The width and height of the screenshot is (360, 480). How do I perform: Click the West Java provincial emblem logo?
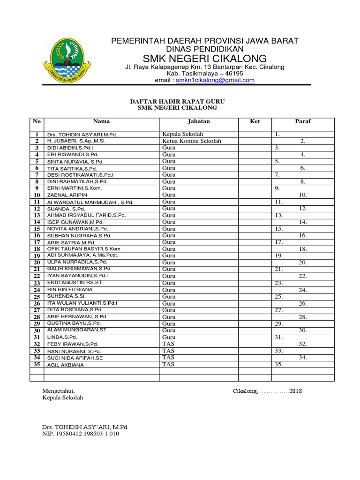65,60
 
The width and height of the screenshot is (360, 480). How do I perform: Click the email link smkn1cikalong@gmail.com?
215,80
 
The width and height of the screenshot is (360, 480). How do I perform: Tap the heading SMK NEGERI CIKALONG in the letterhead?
205,58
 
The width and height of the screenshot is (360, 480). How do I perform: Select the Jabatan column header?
198,121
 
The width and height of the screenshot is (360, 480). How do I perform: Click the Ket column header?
255,121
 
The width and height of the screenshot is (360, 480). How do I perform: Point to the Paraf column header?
302,121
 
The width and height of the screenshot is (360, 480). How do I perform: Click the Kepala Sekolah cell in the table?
183,134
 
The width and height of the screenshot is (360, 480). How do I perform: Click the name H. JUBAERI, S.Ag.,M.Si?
76,141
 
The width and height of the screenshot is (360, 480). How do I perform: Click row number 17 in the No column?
37,242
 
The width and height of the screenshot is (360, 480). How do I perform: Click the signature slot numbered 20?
303,262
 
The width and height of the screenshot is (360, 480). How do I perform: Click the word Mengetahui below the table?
59,391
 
